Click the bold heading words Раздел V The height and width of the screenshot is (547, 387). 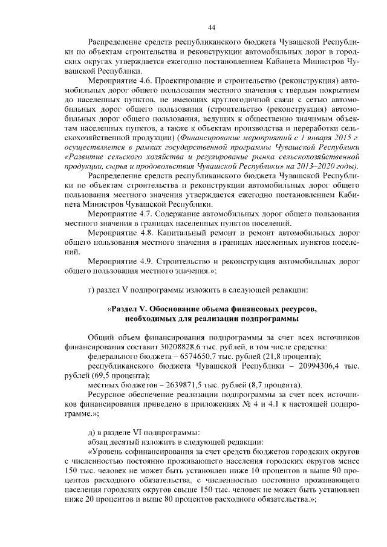133,309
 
